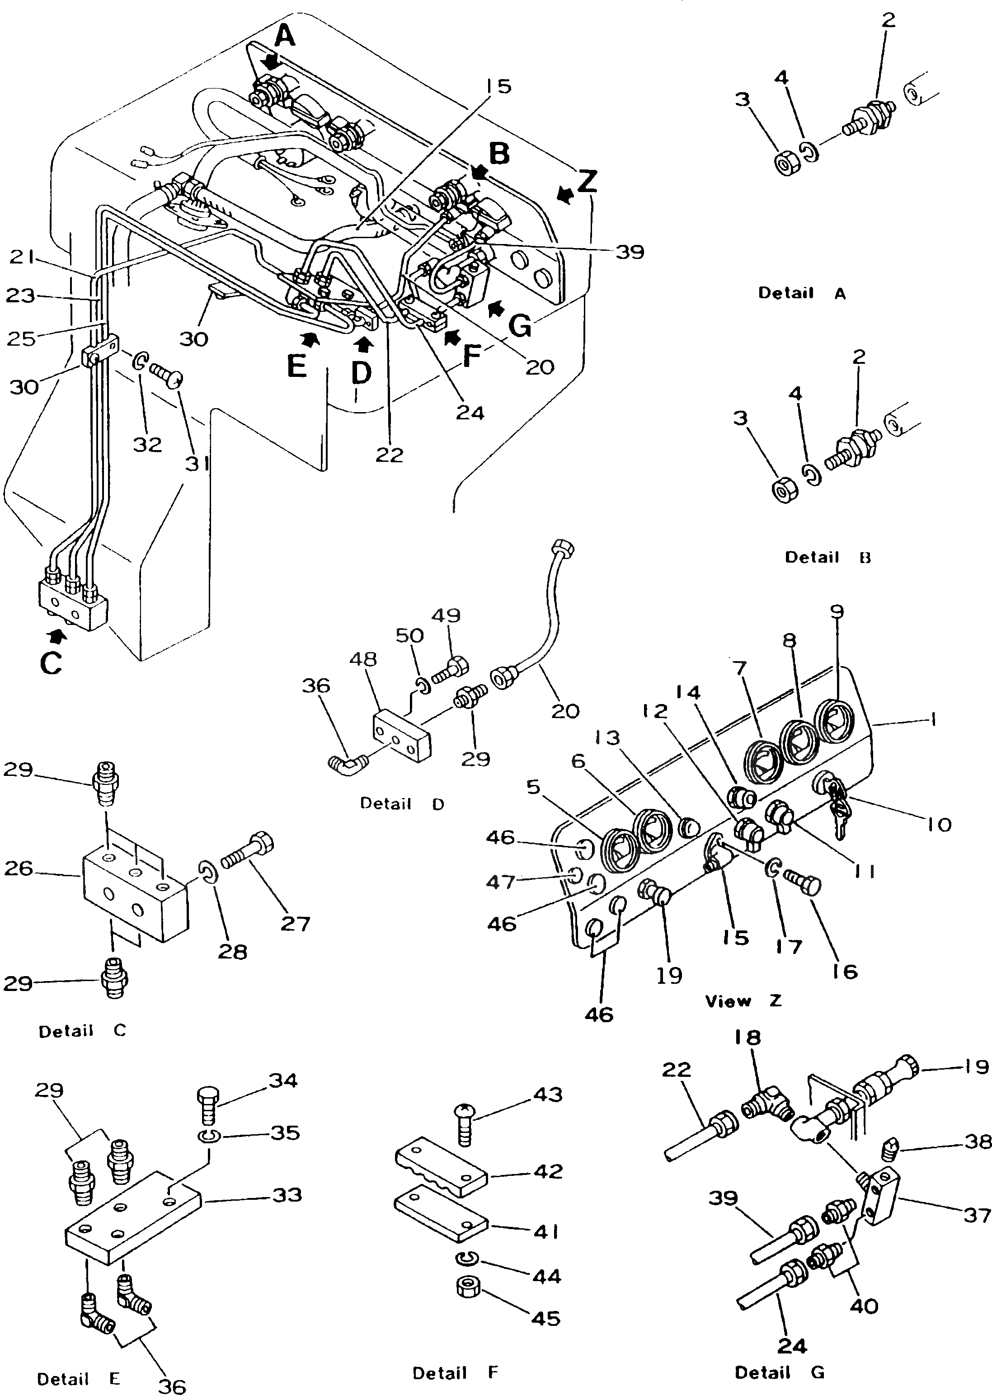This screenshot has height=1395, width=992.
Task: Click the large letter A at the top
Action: point(284,38)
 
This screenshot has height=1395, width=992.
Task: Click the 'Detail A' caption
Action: point(801,293)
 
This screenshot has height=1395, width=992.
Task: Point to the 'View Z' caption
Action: point(743,1001)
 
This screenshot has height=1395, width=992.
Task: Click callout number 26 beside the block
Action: point(19,868)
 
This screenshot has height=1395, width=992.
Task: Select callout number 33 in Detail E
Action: point(287,1195)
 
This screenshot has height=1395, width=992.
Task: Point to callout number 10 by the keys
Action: point(939,825)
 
